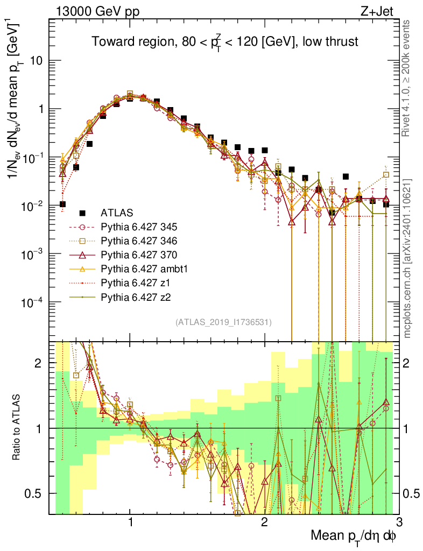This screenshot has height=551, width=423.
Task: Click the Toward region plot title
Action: (224, 41)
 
